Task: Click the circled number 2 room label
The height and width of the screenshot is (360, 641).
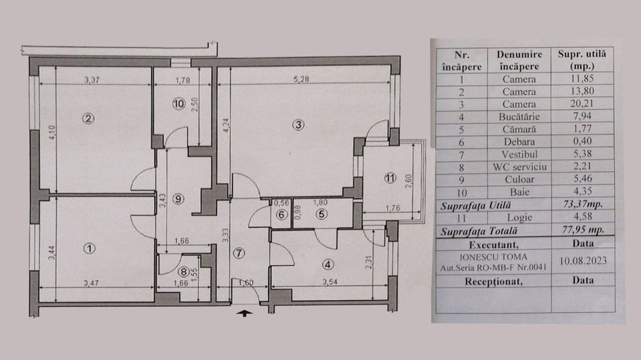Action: click(x=87, y=117)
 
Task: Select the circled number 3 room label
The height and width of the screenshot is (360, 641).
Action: click(x=298, y=124)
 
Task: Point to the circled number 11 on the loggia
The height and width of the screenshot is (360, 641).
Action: click(x=389, y=178)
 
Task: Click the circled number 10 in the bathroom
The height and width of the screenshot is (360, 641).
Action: click(x=178, y=104)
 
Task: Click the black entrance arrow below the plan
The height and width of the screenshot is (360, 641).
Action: click(x=243, y=314)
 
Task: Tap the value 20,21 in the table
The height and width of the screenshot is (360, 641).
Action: click(x=585, y=103)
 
